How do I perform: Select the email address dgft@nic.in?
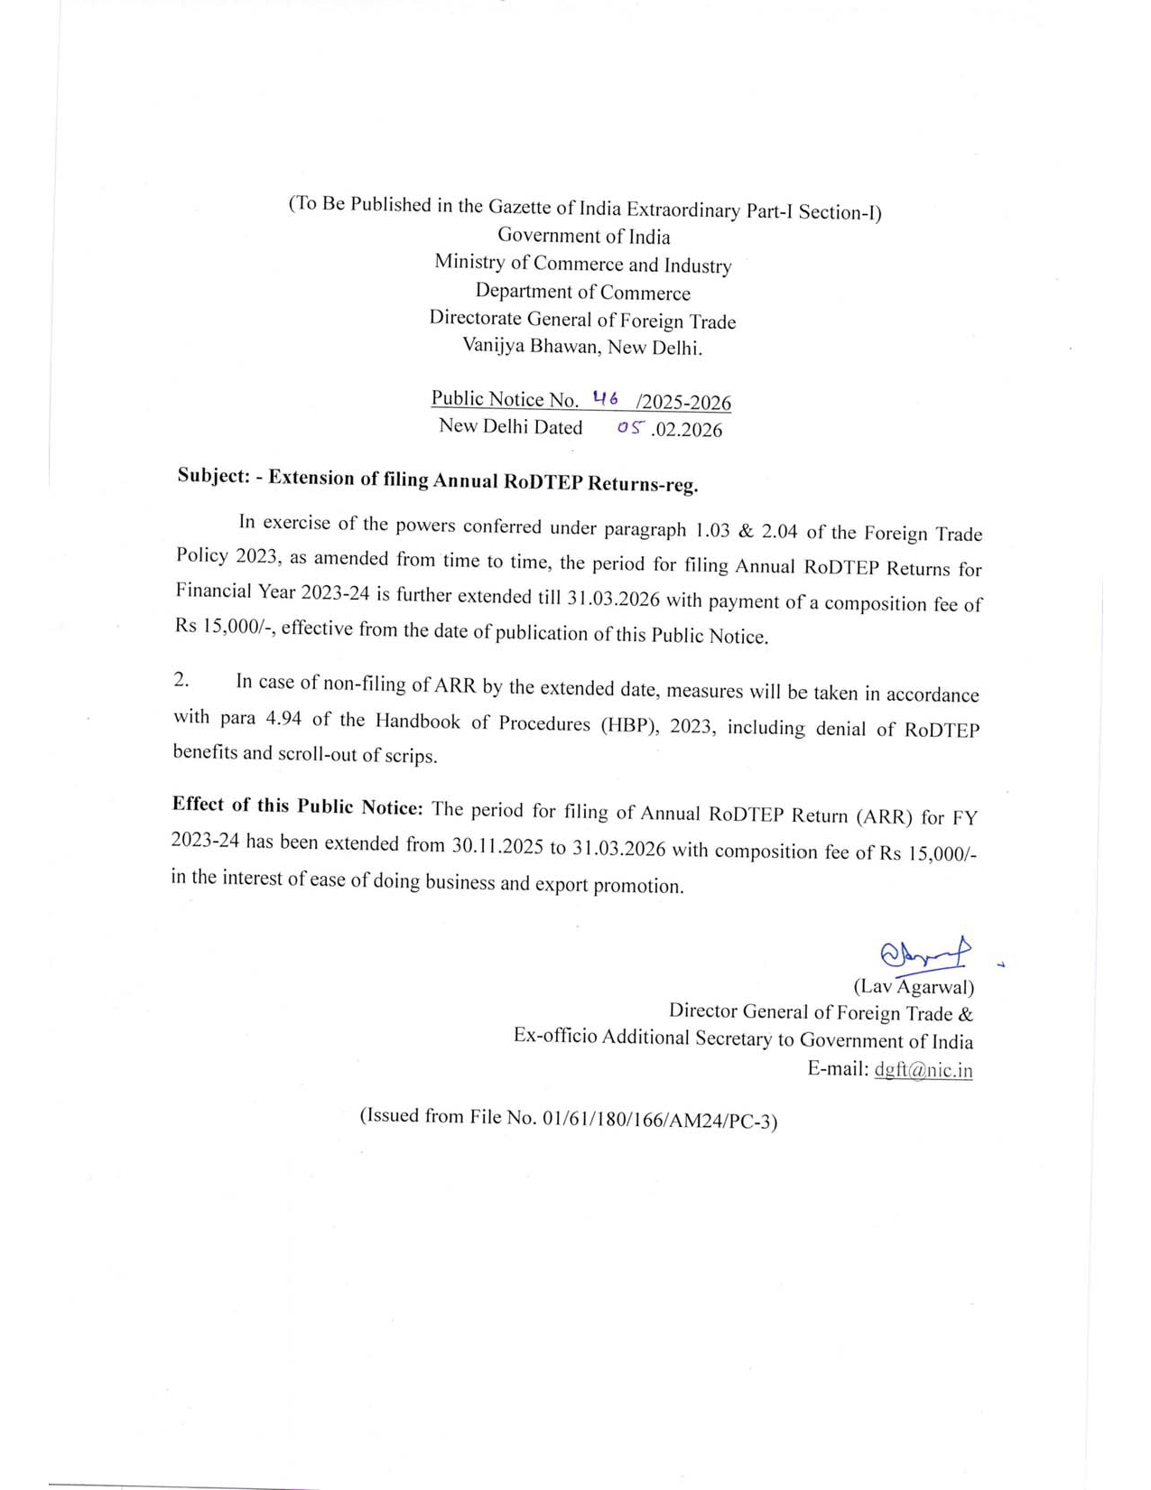[923, 1071]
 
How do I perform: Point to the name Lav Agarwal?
[914, 986]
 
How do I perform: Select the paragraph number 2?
[181, 680]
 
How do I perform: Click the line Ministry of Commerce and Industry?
[582, 264]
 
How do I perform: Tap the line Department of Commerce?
[582, 292]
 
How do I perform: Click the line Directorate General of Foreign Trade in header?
[582, 319]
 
